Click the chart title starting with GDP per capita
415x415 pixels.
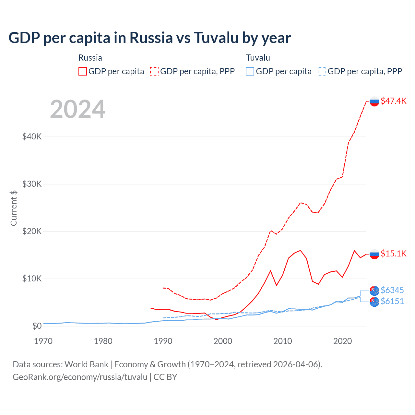149,38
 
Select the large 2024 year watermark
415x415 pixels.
77,109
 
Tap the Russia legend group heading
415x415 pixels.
90,58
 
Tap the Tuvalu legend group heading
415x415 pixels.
258,58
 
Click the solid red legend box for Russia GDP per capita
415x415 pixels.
83,71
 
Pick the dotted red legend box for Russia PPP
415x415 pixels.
154,71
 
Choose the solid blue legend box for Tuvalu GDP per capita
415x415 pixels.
250,71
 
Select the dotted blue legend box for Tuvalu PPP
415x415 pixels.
322,71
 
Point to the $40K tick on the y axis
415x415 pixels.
32,136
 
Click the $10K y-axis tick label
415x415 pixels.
32,279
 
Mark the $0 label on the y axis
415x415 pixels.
37,326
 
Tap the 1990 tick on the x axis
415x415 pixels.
163,341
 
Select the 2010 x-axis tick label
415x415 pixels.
282,341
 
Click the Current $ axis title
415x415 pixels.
14,208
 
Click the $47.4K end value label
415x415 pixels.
393,101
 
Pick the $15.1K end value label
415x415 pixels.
393,254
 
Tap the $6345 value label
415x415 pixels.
392,290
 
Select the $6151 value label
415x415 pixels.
392,301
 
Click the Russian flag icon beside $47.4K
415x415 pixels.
374,101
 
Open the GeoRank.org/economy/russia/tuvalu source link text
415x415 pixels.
80,377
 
